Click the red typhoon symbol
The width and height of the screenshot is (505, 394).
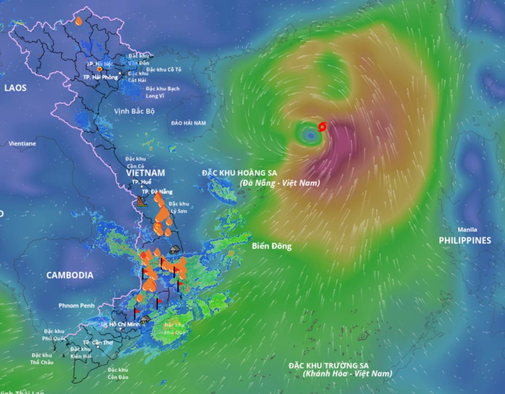[322, 127]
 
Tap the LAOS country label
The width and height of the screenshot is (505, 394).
[15, 88]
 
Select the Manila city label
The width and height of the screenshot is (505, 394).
[467, 230]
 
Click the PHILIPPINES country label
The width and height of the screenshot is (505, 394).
[465, 240]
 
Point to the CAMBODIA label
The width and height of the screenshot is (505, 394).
[70, 275]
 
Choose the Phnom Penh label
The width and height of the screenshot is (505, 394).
[76, 305]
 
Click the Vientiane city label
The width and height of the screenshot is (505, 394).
[22, 143]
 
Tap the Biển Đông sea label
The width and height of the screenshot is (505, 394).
[272, 246]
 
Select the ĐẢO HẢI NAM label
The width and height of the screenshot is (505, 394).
[188, 123]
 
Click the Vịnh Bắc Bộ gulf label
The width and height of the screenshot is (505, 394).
[134, 111]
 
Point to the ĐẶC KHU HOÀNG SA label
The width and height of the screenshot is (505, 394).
[240, 173]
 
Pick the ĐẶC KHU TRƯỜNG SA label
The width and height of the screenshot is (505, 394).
[328, 366]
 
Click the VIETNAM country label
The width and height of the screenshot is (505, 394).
[145, 173]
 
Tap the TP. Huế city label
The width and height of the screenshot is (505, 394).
[142, 182]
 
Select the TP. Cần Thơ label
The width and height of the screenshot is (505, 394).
[98, 343]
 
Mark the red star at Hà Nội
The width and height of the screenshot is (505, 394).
[99, 69]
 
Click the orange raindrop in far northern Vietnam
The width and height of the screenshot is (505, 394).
[79, 20]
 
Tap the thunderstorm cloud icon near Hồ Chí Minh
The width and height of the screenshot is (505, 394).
[145, 320]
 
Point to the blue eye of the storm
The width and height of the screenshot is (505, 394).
[311, 136]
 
